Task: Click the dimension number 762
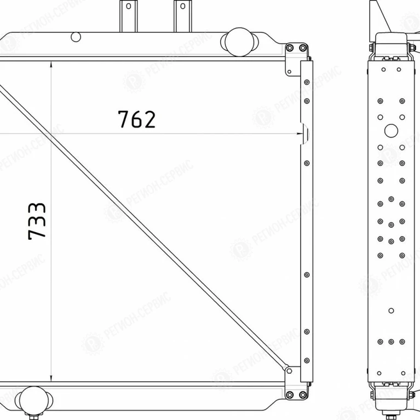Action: tap(136, 119)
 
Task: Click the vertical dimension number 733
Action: tap(37, 221)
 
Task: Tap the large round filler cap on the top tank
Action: tap(239, 42)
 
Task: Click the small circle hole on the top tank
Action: tap(76, 37)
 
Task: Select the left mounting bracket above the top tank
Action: tap(129, 16)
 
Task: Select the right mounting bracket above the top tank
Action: tap(183, 16)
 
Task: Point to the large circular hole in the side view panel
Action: tap(391, 131)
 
